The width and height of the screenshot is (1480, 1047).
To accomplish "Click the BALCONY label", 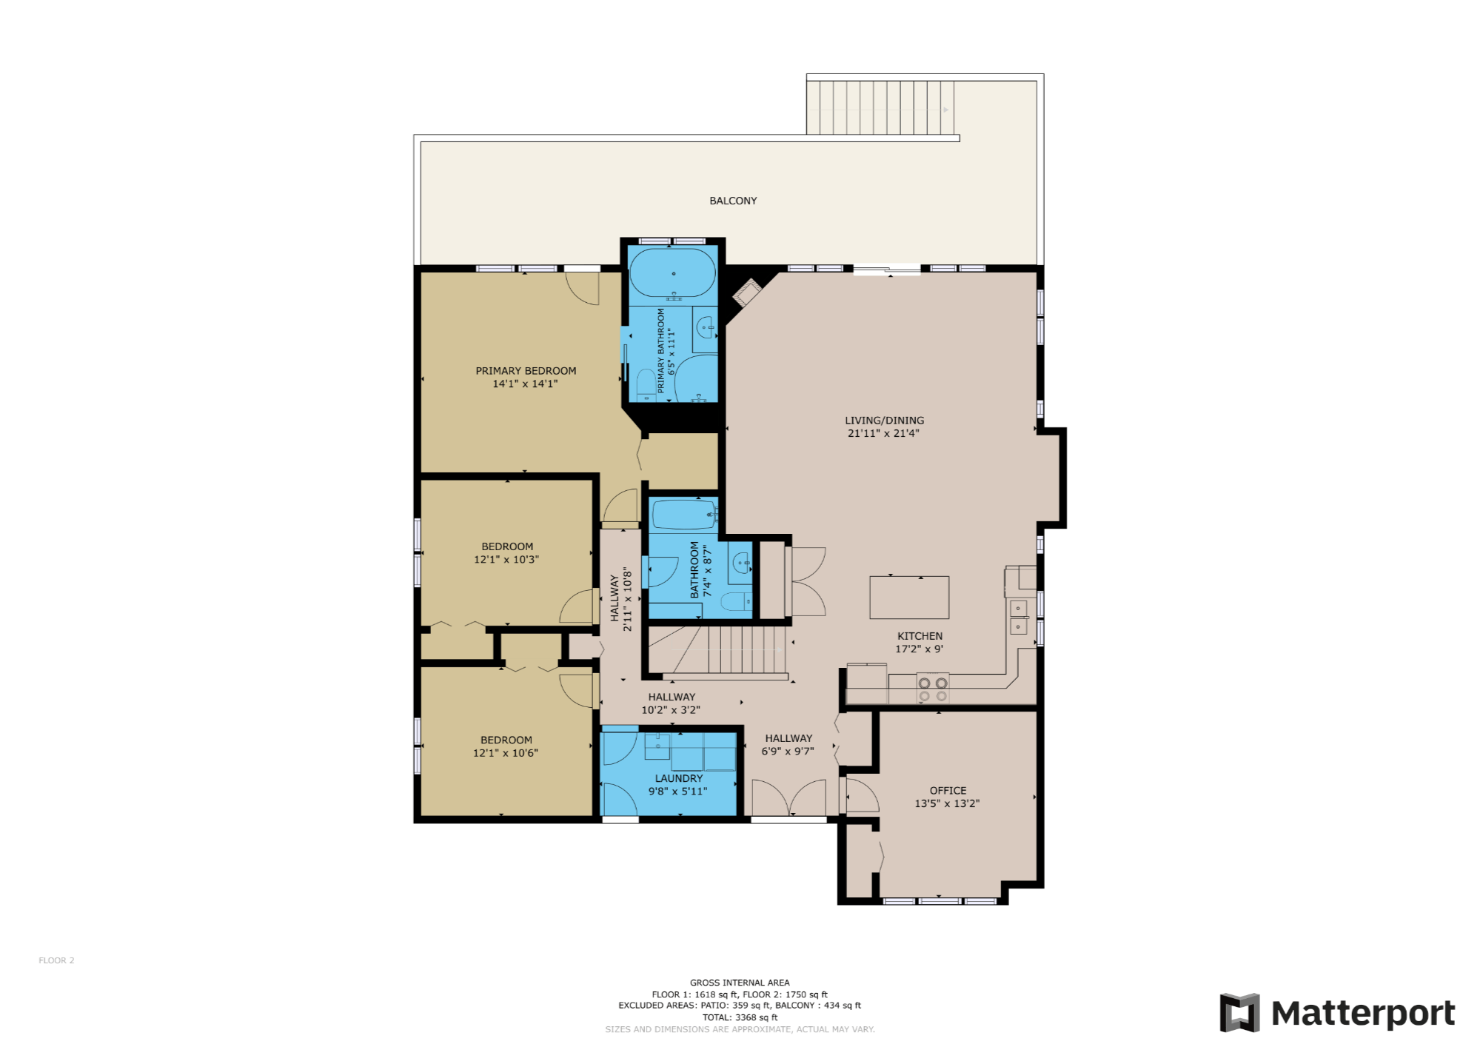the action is (x=733, y=201).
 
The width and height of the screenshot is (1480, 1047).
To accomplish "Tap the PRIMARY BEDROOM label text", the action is (x=526, y=371).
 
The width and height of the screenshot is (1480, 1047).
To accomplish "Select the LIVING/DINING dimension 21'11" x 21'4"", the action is (x=883, y=433).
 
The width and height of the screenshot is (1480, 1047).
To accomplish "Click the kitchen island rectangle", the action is (x=909, y=597).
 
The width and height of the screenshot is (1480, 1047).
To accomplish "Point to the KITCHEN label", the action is (x=920, y=636).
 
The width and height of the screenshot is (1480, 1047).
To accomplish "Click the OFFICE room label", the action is (x=948, y=791).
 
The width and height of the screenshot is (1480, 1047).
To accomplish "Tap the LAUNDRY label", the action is (x=679, y=778).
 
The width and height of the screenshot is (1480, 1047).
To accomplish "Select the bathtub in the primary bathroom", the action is (x=672, y=272).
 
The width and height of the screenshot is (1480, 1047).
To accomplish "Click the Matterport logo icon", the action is (x=1239, y=1012).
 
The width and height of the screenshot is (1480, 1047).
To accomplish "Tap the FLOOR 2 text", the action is (x=56, y=960).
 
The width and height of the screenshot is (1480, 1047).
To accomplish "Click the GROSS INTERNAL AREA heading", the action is (x=740, y=983).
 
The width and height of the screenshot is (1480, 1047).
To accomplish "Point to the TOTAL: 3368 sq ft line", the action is (x=740, y=1017).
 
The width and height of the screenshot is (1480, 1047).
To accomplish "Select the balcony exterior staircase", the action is (x=880, y=108).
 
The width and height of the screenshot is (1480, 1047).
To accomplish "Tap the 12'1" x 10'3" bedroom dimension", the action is (x=506, y=560).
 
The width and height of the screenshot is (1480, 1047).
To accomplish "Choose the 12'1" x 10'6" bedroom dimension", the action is (x=506, y=753).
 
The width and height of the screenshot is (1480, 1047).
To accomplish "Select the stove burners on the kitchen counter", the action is (x=933, y=689).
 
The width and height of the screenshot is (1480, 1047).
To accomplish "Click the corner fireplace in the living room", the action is (x=747, y=292).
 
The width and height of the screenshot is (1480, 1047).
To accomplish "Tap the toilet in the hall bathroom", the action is (x=736, y=601).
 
